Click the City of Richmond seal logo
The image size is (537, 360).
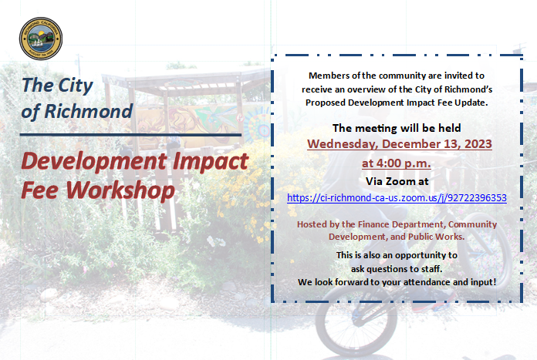click(x=41, y=39)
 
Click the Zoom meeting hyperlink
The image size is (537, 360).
click(x=397, y=198)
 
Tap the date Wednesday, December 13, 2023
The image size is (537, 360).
click(x=399, y=144)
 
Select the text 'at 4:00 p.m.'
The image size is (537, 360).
click(x=397, y=163)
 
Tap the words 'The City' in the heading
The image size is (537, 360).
click(x=57, y=85)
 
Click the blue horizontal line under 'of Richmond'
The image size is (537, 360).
click(x=131, y=134)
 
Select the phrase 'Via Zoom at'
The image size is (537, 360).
click(x=397, y=181)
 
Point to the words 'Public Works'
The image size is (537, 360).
click(x=437, y=236)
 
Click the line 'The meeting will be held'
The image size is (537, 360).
click(x=397, y=128)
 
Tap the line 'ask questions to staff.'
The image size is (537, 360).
click(x=397, y=268)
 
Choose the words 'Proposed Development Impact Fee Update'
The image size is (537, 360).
click(x=395, y=102)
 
